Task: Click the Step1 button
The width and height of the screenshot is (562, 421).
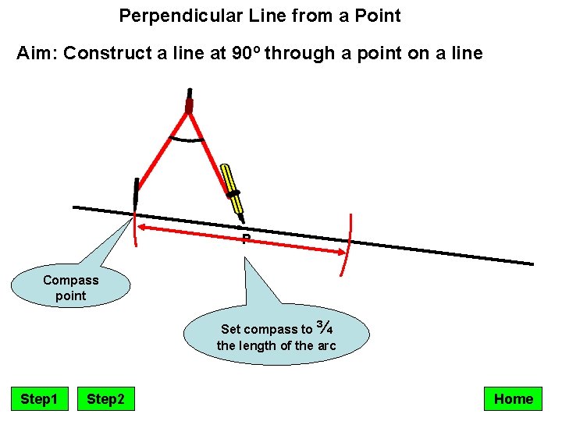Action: point(39,399)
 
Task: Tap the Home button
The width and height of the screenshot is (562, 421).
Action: point(513,399)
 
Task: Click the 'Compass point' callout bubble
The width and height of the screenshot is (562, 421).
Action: point(71,288)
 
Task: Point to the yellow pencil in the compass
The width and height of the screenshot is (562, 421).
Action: point(233,189)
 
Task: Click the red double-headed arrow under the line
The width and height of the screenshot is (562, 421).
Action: point(242,239)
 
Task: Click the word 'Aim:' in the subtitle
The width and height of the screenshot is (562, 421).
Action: point(37,54)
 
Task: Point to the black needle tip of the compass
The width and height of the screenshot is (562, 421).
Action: point(136,194)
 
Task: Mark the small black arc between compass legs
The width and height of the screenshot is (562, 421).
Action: point(188,140)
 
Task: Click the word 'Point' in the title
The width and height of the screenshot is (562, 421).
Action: point(378,15)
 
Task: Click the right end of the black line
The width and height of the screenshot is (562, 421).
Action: point(531,264)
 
